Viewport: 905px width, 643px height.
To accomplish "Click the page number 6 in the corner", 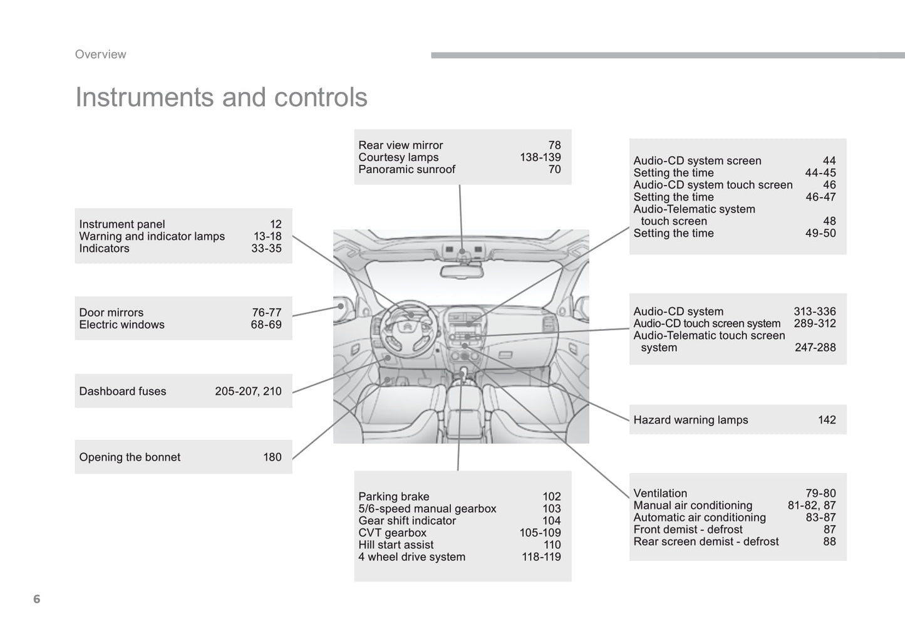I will point(36,599).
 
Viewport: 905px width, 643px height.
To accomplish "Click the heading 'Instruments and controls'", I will point(221,97).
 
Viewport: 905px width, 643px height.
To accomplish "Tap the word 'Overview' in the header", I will point(100,55).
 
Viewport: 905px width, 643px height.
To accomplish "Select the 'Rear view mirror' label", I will point(400,145).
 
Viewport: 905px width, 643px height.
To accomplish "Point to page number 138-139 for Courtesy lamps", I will point(540,157).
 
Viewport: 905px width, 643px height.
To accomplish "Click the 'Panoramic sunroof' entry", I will point(406,169).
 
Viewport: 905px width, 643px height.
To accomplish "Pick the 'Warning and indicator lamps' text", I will point(152,236).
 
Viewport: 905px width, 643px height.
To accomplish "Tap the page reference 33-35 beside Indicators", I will point(266,248).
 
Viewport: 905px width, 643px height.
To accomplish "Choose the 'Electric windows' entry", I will point(122,325).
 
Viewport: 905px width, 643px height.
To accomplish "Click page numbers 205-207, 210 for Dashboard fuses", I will point(248,391).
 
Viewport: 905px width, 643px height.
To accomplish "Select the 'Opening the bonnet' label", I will point(130,457).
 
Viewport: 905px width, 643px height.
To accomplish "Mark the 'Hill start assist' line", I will point(396,545).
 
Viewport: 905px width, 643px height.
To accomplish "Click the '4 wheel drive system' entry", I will point(411,557).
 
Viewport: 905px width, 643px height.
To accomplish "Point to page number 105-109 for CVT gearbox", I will point(540,533).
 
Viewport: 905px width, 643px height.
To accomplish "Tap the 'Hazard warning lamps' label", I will point(690,420).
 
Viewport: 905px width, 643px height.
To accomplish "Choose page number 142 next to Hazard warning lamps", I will point(826,420).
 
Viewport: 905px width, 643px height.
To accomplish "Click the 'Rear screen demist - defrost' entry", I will point(706,541).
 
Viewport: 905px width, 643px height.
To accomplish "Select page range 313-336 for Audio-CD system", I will point(814,311).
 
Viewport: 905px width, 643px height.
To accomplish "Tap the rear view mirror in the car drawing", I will point(462,271).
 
